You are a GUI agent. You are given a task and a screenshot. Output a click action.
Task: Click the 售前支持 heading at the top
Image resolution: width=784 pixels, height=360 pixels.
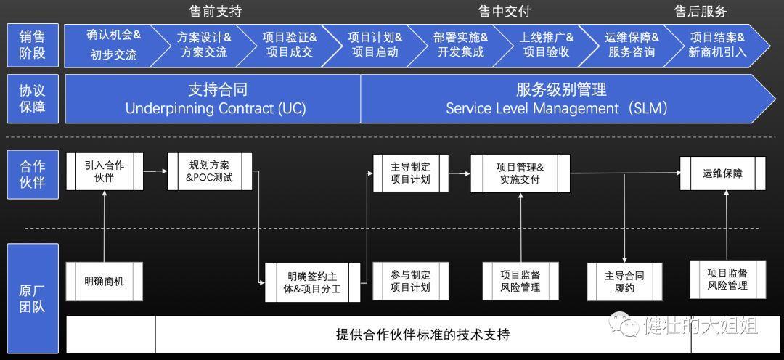click(215, 12)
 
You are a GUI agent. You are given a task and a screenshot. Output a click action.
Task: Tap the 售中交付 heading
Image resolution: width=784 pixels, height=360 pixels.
click(504, 12)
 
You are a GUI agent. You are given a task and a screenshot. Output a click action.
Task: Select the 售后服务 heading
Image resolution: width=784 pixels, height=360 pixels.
click(700, 12)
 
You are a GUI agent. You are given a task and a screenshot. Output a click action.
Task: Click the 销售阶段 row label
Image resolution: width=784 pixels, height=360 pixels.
click(32, 44)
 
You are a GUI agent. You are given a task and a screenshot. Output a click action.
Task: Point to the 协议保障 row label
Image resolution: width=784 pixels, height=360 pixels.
click(32, 99)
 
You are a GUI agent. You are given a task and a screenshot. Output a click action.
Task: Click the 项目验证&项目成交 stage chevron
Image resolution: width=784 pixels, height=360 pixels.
click(289, 44)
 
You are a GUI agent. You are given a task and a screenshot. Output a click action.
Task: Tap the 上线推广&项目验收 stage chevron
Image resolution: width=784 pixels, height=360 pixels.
click(546, 44)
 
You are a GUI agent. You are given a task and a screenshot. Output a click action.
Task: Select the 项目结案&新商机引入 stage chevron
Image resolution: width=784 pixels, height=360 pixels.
click(716, 44)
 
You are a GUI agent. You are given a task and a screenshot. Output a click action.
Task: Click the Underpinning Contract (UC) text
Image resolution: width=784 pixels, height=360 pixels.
click(216, 109)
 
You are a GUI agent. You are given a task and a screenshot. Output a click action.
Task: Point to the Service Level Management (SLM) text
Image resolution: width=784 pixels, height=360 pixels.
click(556, 109)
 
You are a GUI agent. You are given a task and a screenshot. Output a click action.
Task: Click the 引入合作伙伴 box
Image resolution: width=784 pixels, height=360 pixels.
click(105, 171)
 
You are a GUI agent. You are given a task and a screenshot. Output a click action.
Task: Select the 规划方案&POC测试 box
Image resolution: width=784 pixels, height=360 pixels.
click(210, 171)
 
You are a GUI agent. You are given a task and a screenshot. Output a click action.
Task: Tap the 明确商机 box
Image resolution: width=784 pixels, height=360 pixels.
click(104, 281)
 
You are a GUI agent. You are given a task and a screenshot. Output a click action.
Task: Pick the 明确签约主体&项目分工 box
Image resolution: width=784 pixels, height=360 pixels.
click(312, 282)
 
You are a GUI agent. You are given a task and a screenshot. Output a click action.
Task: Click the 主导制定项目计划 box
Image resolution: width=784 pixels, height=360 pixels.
click(410, 173)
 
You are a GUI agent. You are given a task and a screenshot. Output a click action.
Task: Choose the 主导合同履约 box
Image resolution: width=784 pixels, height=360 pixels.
click(624, 282)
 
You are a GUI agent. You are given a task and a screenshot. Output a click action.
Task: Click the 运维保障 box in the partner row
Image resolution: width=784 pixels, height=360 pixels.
click(722, 173)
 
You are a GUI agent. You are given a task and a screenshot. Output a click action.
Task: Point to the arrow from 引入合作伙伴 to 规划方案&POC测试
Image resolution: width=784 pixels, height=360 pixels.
click(155, 171)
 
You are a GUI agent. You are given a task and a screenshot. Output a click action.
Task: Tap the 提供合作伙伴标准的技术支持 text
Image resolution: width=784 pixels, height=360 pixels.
click(422, 335)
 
